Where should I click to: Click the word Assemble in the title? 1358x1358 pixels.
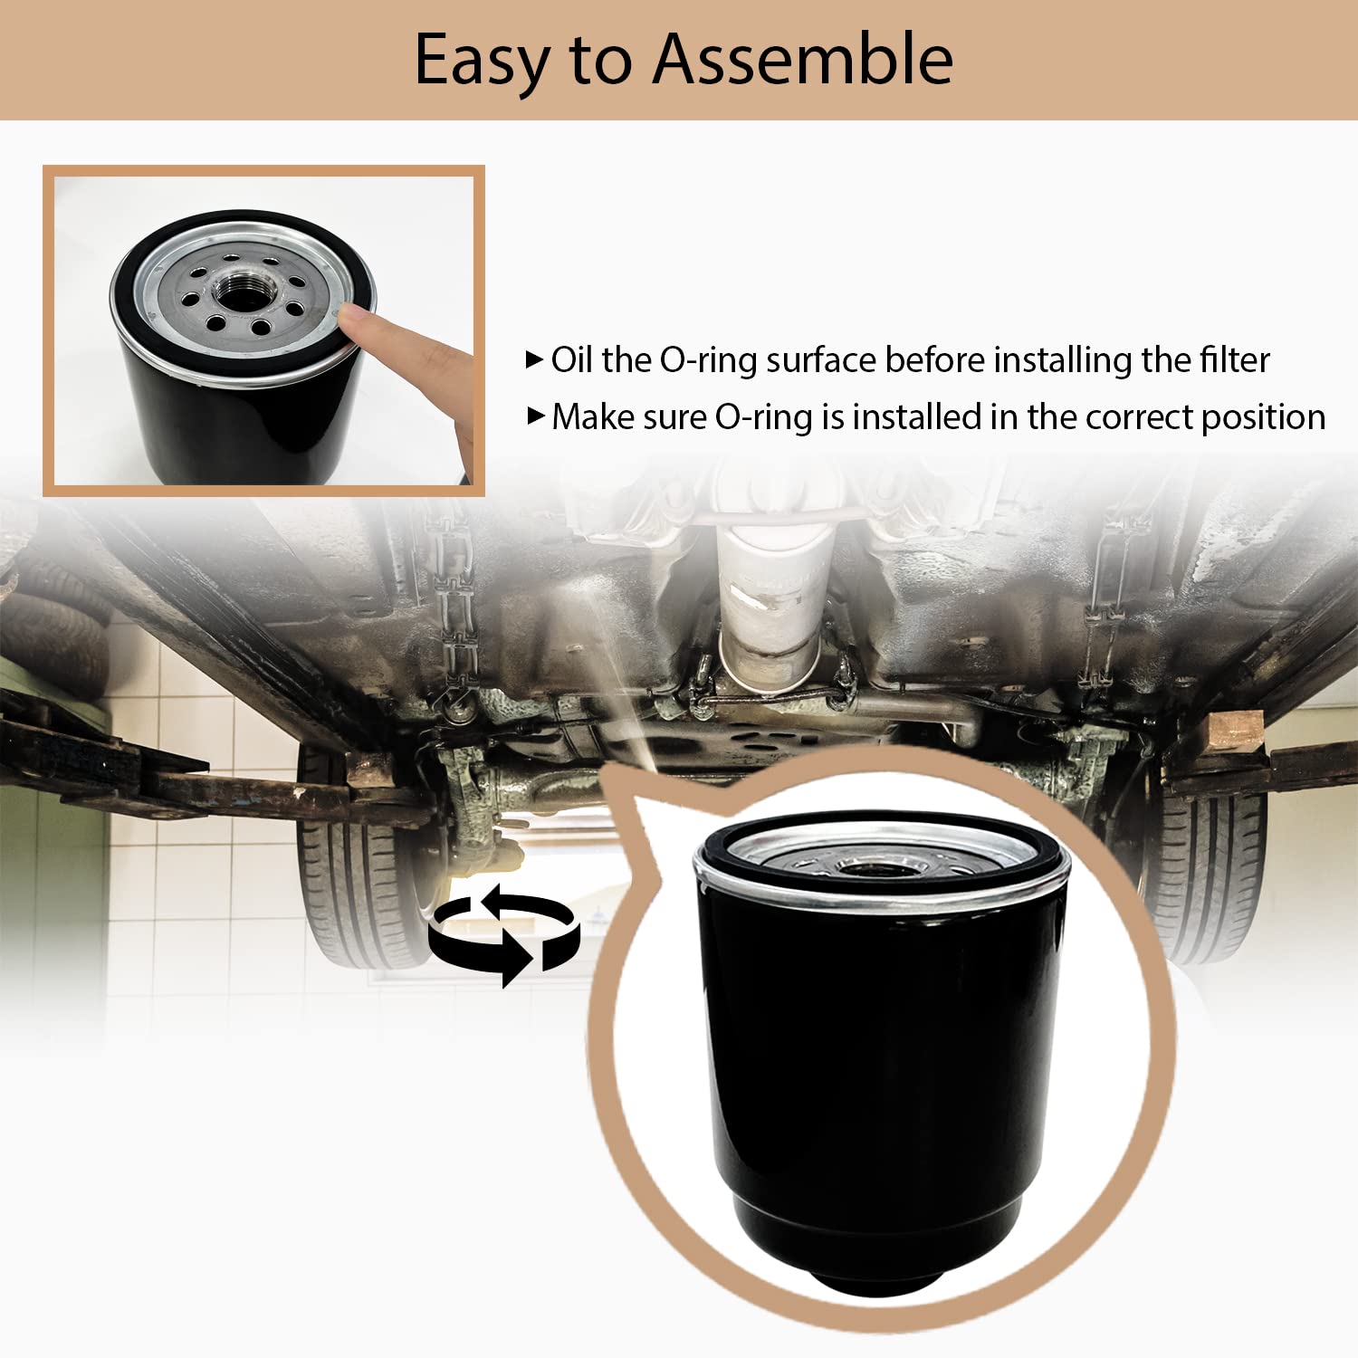(803, 59)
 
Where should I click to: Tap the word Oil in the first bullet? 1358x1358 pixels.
(573, 359)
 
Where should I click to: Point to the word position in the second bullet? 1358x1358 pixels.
(1263, 418)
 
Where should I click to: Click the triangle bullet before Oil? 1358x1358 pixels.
(534, 359)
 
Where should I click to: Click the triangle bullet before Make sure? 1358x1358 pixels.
(536, 416)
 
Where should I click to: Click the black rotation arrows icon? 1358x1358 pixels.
(503, 935)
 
